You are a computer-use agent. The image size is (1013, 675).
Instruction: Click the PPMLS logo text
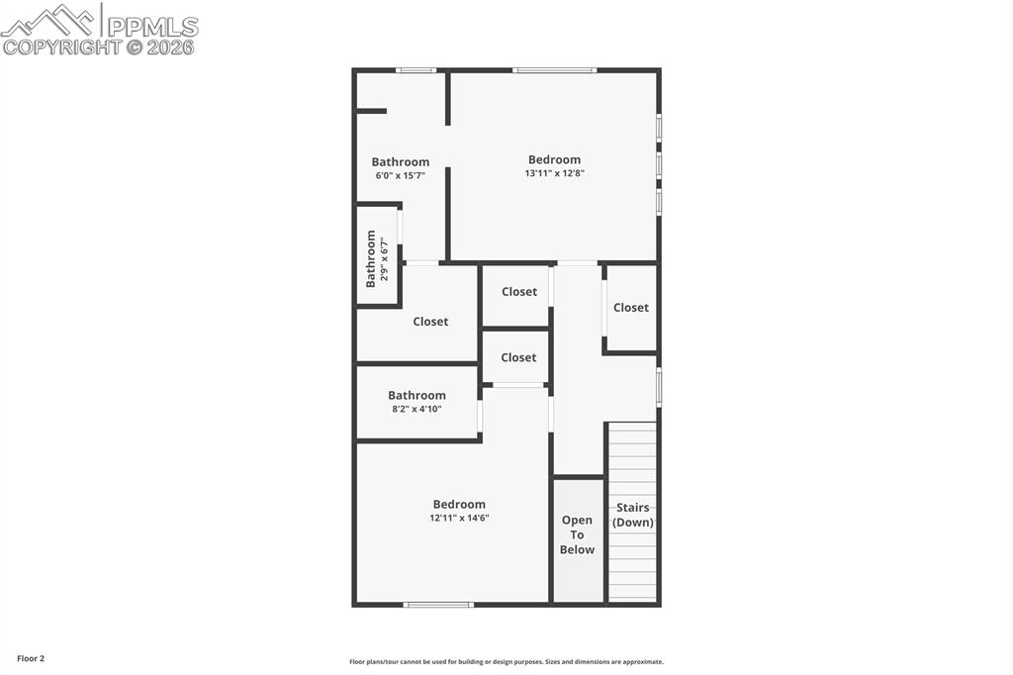pyautogui.click(x=150, y=26)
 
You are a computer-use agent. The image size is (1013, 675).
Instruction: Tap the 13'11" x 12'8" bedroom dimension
pyautogui.click(x=554, y=173)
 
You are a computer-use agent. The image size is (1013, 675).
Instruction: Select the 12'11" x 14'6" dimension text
pyautogui.click(x=459, y=518)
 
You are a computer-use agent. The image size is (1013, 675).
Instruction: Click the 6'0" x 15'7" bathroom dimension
pyautogui.click(x=400, y=175)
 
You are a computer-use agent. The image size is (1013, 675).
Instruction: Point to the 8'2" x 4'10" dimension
pyautogui.click(x=416, y=409)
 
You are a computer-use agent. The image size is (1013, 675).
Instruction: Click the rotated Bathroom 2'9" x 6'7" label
pyautogui.click(x=377, y=258)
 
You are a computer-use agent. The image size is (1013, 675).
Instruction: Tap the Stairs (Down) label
pyautogui.click(x=633, y=515)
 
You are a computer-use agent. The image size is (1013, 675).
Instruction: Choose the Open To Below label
pyautogui.click(x=578, y=534)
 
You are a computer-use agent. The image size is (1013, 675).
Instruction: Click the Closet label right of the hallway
pyautogui.click(x=630, y=308)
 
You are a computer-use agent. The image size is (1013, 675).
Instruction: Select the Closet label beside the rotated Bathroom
pyautogui.click(x=430, y=322)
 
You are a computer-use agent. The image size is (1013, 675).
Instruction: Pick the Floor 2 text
pyautogui.click(x=30, y=658)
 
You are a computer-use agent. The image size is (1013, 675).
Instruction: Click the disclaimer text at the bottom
pyautogui.click(x=506, y=662)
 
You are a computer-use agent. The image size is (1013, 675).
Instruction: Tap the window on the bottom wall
pyautogui.click(x=438, y=604)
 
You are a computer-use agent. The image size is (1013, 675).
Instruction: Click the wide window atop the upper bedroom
pyautogui.click(x=554, y=70)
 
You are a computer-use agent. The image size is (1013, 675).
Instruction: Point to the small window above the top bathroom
pyautogui.click(x=415, y=70)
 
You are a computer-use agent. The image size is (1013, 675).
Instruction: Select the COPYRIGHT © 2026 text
pyautogui.click(x=99, y=47)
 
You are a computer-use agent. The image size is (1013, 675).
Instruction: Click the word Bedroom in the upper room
pyautogui.click(x=554, y=159)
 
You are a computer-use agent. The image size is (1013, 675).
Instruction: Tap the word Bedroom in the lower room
pyautogui.click(x=459, y=504)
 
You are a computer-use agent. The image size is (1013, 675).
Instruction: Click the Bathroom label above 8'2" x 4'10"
pyautogui.click(x=416, y=395)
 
